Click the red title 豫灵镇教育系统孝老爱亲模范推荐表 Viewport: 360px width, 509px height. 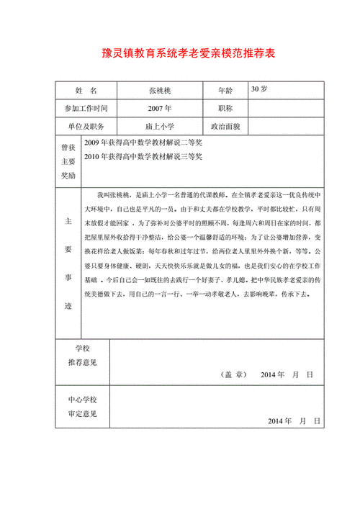coord(180,54)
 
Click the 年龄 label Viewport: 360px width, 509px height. coord(225,91)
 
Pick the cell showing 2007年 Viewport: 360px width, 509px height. coord(159,109)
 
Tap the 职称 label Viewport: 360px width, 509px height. coord(225,109)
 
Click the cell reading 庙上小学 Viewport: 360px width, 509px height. coord(159,126)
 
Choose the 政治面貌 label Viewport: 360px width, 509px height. coord(225,126)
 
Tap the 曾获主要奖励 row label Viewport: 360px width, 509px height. coord(68,161)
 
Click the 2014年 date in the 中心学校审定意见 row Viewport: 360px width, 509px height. coord(279,420)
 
